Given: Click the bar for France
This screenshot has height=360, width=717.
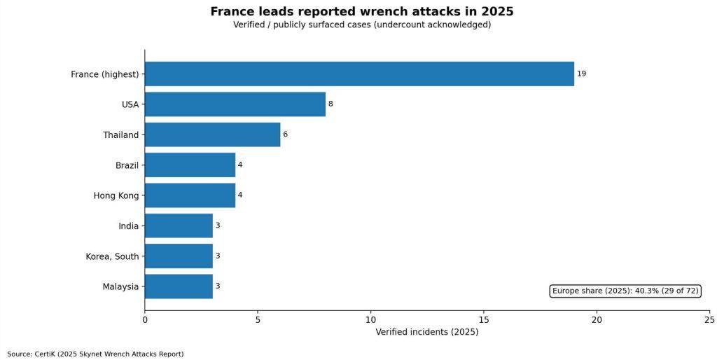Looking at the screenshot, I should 359,74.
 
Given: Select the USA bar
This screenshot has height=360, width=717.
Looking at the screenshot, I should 235,104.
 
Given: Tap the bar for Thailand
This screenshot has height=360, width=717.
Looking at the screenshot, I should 212,134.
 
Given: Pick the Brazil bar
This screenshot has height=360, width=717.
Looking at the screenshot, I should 190,165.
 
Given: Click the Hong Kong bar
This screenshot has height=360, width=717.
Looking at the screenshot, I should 190,195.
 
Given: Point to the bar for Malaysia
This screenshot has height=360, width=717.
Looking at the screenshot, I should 179,286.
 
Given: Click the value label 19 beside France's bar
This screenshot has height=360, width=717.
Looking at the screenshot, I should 581,74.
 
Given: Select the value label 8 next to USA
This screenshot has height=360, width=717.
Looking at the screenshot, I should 330,104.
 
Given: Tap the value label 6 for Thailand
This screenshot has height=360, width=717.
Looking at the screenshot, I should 285,134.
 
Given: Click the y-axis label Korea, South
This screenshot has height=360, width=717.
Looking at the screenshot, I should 112,256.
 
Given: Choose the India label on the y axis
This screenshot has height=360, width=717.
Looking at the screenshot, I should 129,226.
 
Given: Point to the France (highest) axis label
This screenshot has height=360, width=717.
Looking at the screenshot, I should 105,74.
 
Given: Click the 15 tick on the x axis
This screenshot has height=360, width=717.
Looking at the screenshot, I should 484,319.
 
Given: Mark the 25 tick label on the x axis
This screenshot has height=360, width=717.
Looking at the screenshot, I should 709,319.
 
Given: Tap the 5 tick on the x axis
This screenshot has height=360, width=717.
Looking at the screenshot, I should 258,319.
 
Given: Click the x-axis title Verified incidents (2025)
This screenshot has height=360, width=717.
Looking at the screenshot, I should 427,332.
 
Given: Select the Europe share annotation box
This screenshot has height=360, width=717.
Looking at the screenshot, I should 625,291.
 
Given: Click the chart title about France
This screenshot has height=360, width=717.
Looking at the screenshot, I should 362,12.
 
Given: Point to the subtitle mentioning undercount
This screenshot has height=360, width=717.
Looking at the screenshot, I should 362,25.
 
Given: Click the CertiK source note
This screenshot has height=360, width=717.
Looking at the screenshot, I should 95,354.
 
